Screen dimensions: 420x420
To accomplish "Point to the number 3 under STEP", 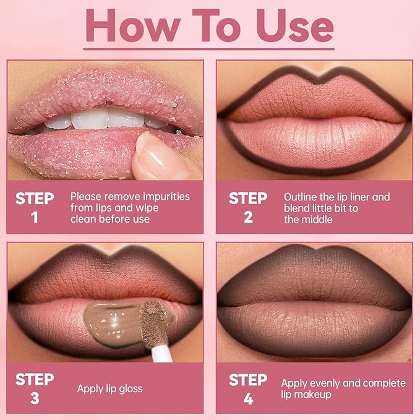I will pos(35,398).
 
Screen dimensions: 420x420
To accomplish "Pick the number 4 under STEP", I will pos(248,398).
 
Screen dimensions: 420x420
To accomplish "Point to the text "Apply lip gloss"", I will pos(109,389).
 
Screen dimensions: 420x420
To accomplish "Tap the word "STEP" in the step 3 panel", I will pos(35,379).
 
